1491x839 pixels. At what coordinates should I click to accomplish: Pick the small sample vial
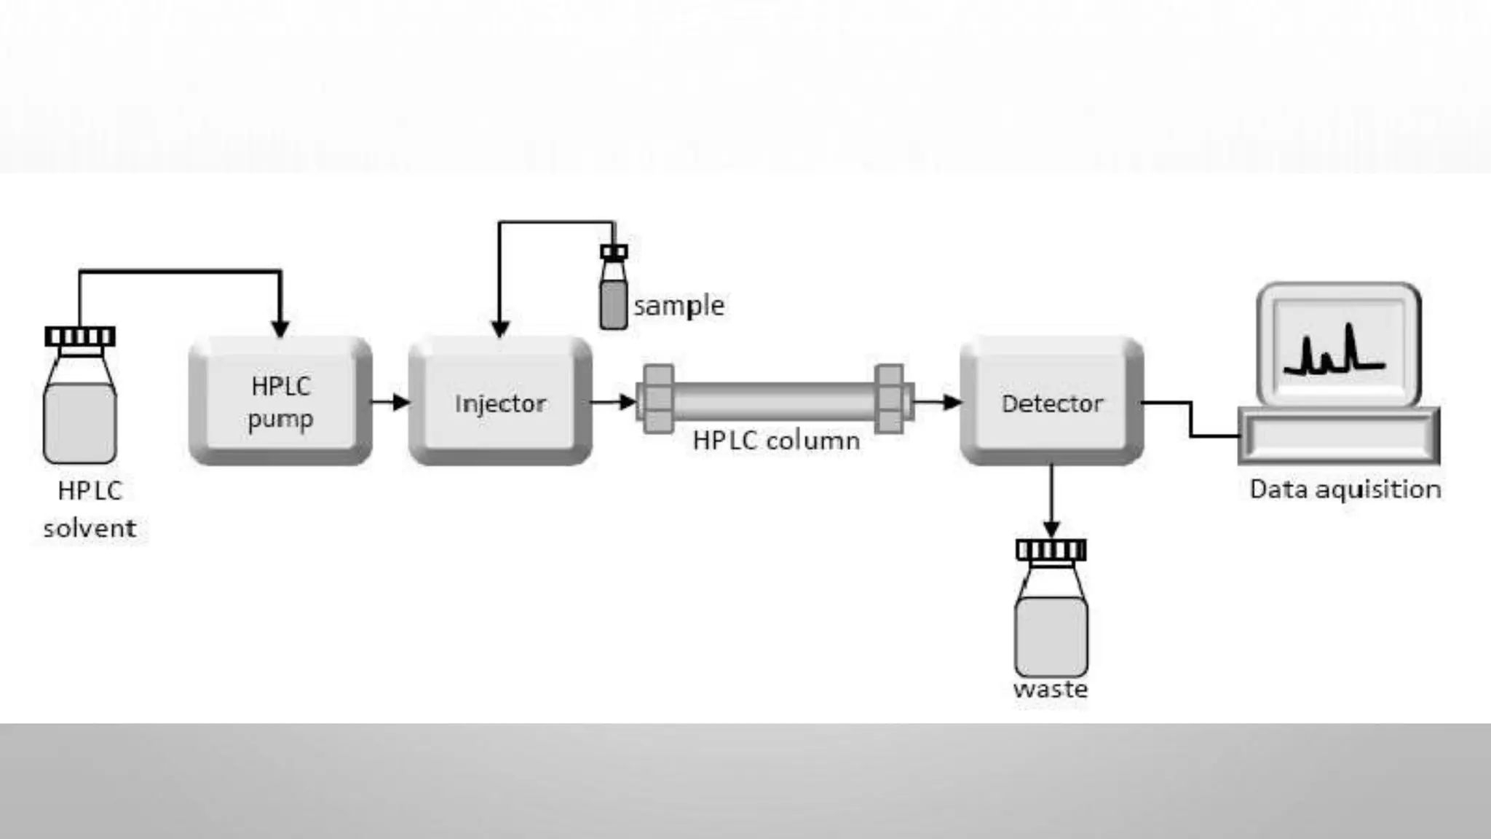(614, 295)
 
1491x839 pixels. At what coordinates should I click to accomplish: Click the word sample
(679, 306)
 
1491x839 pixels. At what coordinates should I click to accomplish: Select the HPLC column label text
(776, 441)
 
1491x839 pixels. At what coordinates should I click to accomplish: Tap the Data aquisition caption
(1345, 489)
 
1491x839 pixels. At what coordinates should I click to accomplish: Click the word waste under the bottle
(1050, 689)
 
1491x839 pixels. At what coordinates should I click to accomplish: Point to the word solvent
(90, 528)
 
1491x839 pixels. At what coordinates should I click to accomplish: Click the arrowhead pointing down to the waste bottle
(1051, 528)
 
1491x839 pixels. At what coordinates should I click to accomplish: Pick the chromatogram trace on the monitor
(1334, 353)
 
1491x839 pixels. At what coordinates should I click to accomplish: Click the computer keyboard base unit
(1339, 436)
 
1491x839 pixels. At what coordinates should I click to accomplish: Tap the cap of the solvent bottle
(80, 336)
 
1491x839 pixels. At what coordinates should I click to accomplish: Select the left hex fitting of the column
(658, 399)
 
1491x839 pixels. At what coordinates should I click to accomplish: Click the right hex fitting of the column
(890, 399)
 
